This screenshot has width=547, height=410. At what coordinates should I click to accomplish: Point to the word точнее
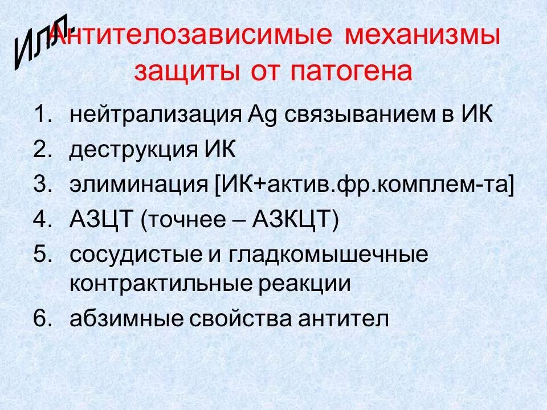(x=189, y=219)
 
